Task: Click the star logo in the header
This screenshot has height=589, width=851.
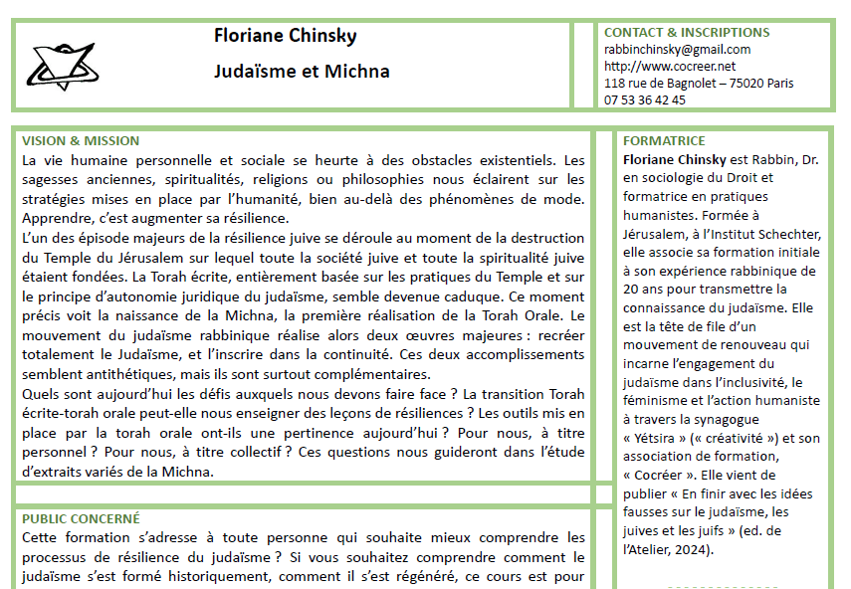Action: (x=61, y=65)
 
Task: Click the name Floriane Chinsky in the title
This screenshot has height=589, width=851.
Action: (x=285, y=37)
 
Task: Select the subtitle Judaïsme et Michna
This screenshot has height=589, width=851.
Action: (x=301, y=72)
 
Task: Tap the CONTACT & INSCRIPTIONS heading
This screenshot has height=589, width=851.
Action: (x=687, y=33)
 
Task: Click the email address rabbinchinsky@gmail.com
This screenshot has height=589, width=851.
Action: (x=677, y=50)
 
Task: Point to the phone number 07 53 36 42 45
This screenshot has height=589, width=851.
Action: (x=645, y=99)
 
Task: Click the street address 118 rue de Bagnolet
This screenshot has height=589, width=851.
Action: (x=663, y=84)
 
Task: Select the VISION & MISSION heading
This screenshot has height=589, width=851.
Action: (x=81, y=141)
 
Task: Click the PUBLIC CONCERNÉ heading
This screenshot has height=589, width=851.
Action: (x=81, y=518)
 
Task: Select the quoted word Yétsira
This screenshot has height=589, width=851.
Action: (x=660, y=438)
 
